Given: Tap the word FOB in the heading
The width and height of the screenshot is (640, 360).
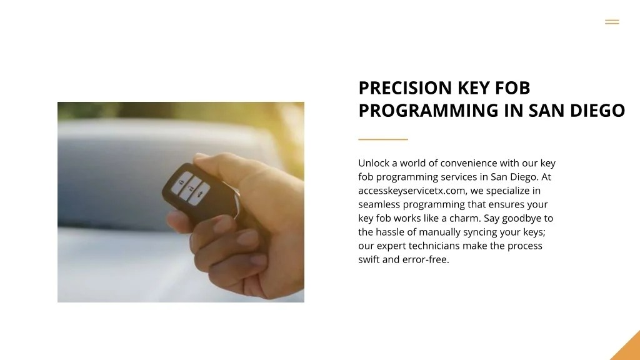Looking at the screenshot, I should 512,87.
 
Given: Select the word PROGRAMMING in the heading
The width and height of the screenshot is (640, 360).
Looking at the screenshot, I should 429,111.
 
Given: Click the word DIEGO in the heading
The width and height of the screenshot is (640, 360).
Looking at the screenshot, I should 600,111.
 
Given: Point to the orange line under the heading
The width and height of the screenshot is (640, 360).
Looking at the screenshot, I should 382,139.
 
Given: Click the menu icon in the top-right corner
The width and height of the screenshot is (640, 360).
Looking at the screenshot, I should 612,22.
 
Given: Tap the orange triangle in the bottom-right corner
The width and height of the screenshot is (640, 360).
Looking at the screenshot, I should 627,347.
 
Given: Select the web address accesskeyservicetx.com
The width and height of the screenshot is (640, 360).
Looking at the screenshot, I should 411,191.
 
